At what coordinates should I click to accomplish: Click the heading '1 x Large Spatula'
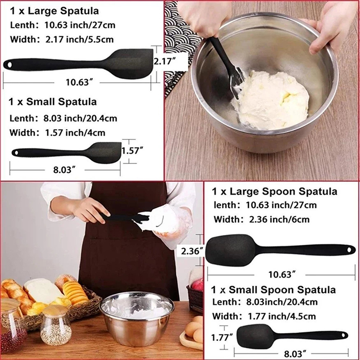click(x=54, y=11)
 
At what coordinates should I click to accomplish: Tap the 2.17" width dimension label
click(x=165, y=61)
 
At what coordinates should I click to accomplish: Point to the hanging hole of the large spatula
click(x=9, y=65)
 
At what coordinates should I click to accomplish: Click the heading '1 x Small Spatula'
click(x=53, y=102)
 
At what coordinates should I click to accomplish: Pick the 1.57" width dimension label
click(x=132, y=151)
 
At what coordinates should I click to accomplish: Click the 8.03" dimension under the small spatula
click(x=64, y=170)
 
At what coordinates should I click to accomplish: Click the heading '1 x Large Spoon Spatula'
click(x=274, y=192)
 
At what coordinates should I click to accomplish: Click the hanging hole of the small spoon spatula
click(x=344, y=335)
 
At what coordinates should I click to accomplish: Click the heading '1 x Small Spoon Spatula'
click(x=274, y=290)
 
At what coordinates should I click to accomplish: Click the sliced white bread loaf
click(x=42, y=290)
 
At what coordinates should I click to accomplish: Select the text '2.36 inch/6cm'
click(x=279, y=220)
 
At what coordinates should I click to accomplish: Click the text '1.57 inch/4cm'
click(x=75, y=133)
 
